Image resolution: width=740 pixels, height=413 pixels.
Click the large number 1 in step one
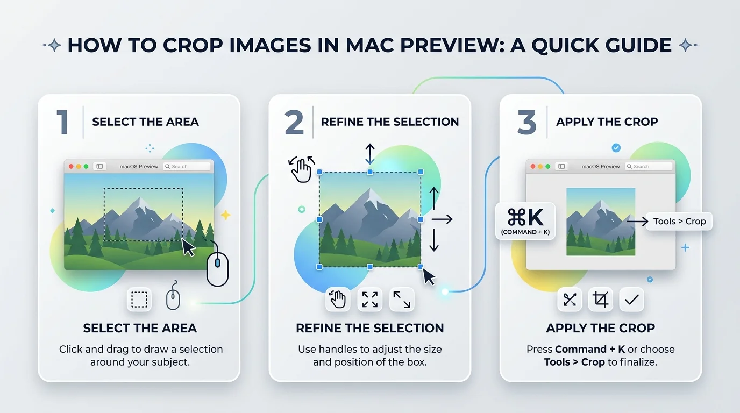point(63,122)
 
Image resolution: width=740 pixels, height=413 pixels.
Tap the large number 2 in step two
point(294,122)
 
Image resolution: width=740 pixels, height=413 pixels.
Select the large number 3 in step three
point(526,122)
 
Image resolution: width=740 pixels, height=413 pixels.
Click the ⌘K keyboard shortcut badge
point(525,220)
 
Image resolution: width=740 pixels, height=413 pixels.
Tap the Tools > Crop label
point(679,221)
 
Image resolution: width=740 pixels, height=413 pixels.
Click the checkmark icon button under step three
point(631,300)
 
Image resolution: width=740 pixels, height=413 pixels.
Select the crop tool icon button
point(600,300)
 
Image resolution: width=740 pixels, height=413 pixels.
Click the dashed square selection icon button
point(139,300)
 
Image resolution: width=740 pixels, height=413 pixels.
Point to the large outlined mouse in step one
point(217,268)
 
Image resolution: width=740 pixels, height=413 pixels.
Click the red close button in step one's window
point(71,167)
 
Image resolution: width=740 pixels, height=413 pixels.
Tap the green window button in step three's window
point(547,167)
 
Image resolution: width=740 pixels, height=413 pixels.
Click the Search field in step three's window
point(649,167)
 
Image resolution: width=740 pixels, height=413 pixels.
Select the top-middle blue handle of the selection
point(370,172)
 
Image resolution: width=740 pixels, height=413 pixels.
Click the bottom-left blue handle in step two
point(319,267)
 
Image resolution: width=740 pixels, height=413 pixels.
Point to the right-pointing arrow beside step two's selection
point(442,219)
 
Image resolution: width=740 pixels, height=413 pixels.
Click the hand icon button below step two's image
point(337,300)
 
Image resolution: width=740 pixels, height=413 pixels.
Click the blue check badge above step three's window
point(616,148)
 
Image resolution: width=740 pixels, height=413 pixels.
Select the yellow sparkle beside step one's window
point(226,215)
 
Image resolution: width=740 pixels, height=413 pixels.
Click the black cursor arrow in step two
point(429,276)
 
